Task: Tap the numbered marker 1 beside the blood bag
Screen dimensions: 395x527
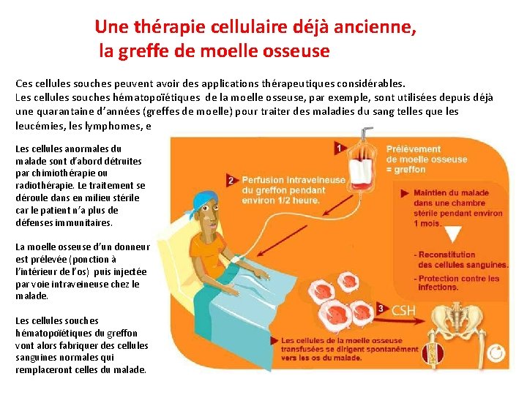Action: [339, 148]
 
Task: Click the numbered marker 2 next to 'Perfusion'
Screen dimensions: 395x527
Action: [231, 180]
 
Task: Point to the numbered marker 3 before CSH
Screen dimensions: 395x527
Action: [381, 309]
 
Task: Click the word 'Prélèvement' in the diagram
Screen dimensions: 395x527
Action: [414, 149]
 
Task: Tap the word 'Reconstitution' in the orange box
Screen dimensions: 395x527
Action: [446, 255]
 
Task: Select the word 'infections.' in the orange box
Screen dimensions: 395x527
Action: [438, 287]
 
